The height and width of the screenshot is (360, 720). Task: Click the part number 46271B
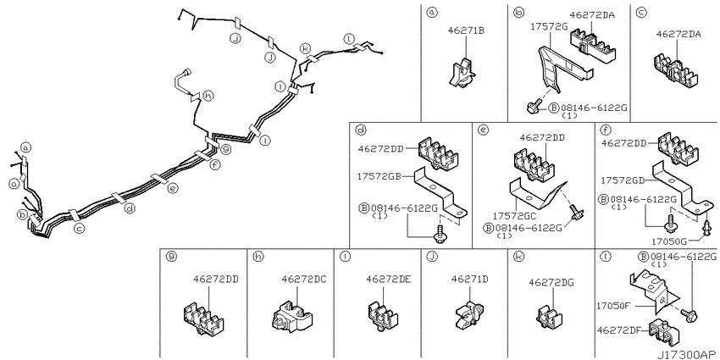(x=466, y=30)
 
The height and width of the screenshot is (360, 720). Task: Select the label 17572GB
(x=380, y=176)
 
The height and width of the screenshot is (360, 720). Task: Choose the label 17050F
(x=615, y=304)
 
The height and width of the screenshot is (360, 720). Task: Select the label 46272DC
(x=304, y=279)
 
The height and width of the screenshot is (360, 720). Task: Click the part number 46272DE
(x=389, y=279)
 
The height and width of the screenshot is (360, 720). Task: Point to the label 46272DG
(x=551, y=282)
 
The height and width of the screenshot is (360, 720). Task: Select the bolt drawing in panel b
(x=534, y=107)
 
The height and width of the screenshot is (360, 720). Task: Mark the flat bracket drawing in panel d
(x=440, y=192)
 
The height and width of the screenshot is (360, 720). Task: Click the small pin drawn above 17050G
(x=707, y=226)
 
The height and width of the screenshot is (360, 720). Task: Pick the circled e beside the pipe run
(x=172, y=188)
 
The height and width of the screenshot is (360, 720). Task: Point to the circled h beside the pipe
(x=208, y=96)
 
